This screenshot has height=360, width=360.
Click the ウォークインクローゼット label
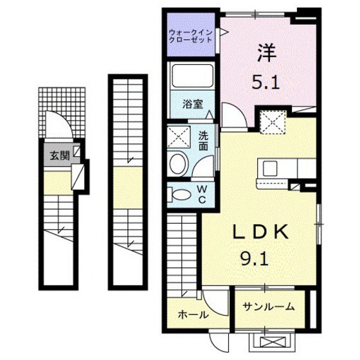pos(190,36)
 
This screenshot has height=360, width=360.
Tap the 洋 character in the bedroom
pos(266,53)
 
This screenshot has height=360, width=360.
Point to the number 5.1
pos(265,82)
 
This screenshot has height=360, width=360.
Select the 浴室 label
pos(193,104)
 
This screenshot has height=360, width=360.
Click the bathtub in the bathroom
pos(193,76)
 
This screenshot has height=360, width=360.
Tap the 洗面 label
pos(203,141)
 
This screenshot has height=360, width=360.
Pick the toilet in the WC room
pos(179,195)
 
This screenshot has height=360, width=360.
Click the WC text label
pos(202,195)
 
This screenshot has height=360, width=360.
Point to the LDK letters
pos(260,232)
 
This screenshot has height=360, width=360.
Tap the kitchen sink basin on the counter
pos(270,168)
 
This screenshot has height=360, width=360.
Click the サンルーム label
pos(269,307)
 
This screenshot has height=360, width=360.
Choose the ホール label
pos(194,314)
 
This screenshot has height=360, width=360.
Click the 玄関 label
pos(60,156)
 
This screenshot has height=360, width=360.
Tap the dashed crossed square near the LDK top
pos(273,122)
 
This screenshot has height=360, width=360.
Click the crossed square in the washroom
pos(179,137)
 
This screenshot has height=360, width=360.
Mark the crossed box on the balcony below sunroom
pos(271,342)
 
